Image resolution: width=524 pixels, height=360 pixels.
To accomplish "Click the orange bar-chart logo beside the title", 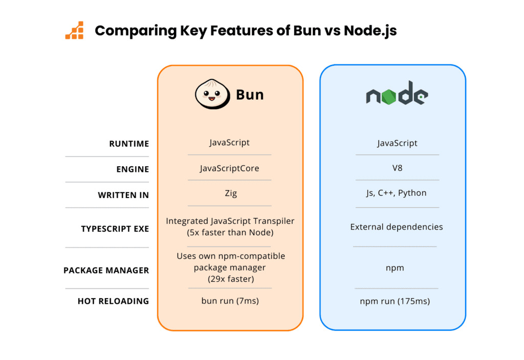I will (x=74, y=31).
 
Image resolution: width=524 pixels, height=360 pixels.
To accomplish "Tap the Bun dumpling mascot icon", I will (x=211, y=94).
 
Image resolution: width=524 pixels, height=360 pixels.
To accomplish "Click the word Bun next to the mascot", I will (x=250, y=95).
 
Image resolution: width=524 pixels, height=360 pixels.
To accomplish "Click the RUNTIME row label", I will (x=129, y=144).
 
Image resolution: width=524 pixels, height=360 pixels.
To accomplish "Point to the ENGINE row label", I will (x=133, y=169).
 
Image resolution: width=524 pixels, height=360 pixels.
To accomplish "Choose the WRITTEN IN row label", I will (x=123, y=195).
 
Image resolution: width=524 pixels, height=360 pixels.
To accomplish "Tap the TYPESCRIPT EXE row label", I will (x=115, y=229).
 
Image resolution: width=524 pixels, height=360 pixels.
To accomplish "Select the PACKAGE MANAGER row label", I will (x=106, y=270).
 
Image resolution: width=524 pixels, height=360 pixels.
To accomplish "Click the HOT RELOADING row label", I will (x=113, y=301).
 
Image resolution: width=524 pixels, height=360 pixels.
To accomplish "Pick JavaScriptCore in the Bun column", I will (x=229, y=168).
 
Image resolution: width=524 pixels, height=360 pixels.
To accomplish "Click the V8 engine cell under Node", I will (x=397, y=167).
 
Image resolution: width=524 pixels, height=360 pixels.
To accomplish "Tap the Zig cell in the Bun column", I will (x=230, y=193).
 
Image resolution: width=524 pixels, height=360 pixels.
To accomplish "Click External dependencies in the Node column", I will (x=397, y=227).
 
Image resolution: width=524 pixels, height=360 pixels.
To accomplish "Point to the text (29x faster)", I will (x=230, y=279).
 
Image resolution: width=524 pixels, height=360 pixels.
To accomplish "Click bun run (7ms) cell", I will (x=230, y=301).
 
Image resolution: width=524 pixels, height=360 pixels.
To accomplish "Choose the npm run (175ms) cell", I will (x=395, y=301).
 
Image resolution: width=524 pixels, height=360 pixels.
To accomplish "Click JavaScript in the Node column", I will (x=397, y=143).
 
